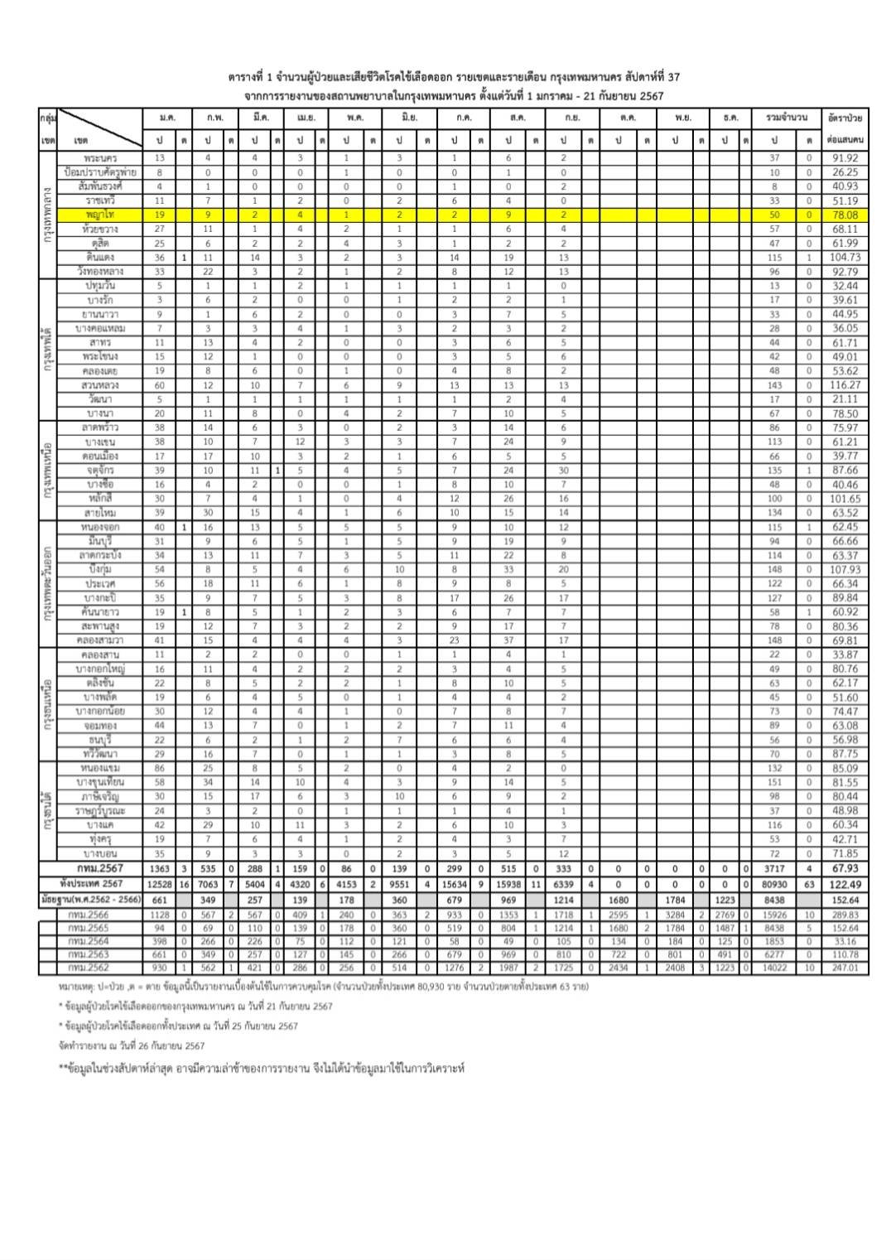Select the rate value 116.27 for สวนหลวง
click(845, 385)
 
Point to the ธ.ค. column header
click(730, 118)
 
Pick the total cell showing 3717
click(774, 869)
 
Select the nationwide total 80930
click(774, 884)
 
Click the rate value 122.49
click(845, 884)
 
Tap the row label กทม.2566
click(91, 915)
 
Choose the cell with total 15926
click(774, 915)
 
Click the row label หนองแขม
click(102, 768)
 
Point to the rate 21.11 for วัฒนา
click(845, 399)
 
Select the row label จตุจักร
click(100, 470)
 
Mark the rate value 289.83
click(845, 915)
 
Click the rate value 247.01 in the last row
click(845, 968)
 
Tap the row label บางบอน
click(102, 853)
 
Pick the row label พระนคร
click(100, 157)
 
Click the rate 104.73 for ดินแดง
click(845, 258)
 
